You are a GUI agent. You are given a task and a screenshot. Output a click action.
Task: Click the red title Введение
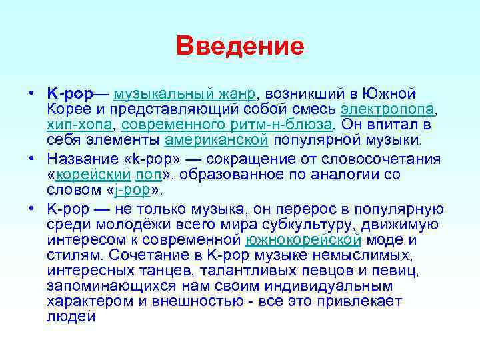coord(240,46)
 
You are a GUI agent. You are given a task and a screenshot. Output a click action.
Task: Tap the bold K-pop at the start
coord(71,93)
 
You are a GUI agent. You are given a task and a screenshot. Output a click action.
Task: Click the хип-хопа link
coord(79,125)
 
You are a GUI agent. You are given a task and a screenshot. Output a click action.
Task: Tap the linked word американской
coord(215,140)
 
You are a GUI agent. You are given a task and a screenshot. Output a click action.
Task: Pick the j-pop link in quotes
coord(134,190)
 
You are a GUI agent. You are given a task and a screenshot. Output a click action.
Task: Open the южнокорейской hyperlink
coord(303,239)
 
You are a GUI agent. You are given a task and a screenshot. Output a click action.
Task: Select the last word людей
coord(71,317)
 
